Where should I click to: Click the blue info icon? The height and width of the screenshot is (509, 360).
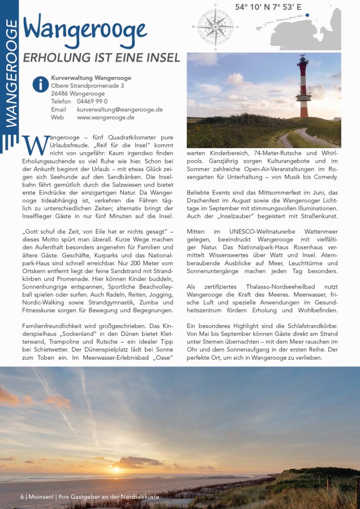(x=40, y=84)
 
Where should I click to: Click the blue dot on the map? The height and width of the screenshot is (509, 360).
(x=307, y=15)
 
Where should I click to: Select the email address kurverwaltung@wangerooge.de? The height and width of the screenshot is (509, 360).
(x=119, y=110)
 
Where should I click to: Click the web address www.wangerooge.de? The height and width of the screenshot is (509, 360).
(x=105, y=118)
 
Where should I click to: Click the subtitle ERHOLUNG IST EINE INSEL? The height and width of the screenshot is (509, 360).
(x=101, y=58)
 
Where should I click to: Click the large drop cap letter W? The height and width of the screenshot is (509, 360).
(x=35, y=145)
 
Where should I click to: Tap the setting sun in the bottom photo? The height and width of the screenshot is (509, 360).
(x=117, y=469)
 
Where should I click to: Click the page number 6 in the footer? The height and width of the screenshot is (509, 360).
(x=22, y=497)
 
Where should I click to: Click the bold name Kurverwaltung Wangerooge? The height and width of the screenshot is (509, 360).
(x=91, y=78)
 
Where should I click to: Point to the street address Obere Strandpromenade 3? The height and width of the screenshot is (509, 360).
(x=87, y=86)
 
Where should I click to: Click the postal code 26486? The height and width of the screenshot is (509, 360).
(x=59, y=94)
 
